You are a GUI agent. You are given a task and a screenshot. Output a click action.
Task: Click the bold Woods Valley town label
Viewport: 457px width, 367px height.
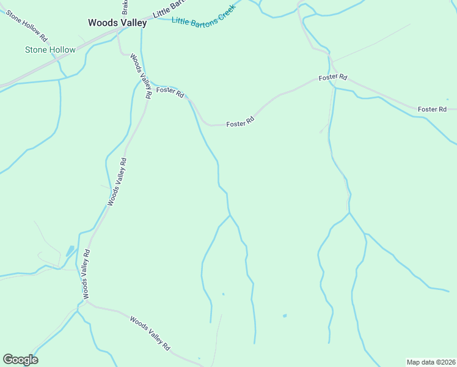pyautogui.click(x=117, y=23)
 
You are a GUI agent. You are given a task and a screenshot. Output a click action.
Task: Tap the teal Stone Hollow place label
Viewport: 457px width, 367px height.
pyautogui.click(x=50, y=50)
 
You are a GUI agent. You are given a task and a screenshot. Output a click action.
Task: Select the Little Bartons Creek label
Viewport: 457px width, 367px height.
pyautogui.click(x=203, y=17)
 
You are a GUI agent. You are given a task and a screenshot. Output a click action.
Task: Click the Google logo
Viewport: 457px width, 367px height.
pyautogui.click(x=20, y=360)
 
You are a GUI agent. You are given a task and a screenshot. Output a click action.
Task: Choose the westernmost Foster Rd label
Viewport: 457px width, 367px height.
pyautogui.click(x=170, y=92)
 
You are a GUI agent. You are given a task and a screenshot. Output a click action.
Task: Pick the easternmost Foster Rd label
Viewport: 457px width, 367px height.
pyautogui.click(x=432, y=109)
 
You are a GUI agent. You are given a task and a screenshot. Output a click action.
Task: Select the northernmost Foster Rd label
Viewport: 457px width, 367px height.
pyautogui.click(x=332, y=78)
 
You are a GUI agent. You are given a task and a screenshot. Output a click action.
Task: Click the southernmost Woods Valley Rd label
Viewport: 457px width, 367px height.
pyautogui.click(x=149, y=333)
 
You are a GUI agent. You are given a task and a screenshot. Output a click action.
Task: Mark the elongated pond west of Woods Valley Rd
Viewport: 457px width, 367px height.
pyautogui.click(x=70, y=250)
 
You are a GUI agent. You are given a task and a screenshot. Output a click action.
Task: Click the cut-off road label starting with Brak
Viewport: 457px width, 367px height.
pyautogui.click(x=125, y=7)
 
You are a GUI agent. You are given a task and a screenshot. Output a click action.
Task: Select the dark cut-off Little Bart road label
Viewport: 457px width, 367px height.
pyautogui.click(x=169, y=6)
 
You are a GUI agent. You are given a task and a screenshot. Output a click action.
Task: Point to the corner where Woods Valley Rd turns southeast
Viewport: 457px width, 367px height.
pyautogui.click(x=86, y=303)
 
